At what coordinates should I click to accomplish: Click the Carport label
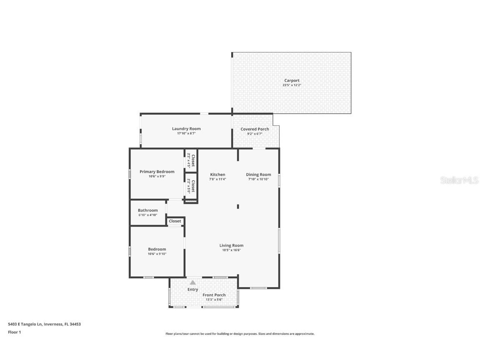292,80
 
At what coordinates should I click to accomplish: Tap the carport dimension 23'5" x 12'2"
292,85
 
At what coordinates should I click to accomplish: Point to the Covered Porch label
255,129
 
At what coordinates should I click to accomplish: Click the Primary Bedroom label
157,172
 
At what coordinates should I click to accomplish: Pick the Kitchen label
217,175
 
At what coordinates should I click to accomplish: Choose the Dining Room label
258,175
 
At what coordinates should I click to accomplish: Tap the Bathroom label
148,210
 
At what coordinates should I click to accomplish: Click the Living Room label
231,245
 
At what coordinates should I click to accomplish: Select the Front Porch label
214,295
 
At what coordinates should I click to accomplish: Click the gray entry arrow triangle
193,282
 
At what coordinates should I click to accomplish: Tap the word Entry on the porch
193,290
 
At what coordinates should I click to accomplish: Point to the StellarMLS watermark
460,180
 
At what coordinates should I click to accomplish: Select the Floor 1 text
14,332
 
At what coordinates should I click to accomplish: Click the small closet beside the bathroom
175,221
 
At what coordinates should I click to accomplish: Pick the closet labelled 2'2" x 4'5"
191,160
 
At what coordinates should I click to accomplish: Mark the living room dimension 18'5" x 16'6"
231,250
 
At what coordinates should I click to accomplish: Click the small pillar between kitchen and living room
238,206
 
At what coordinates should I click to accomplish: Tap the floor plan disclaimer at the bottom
240,334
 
